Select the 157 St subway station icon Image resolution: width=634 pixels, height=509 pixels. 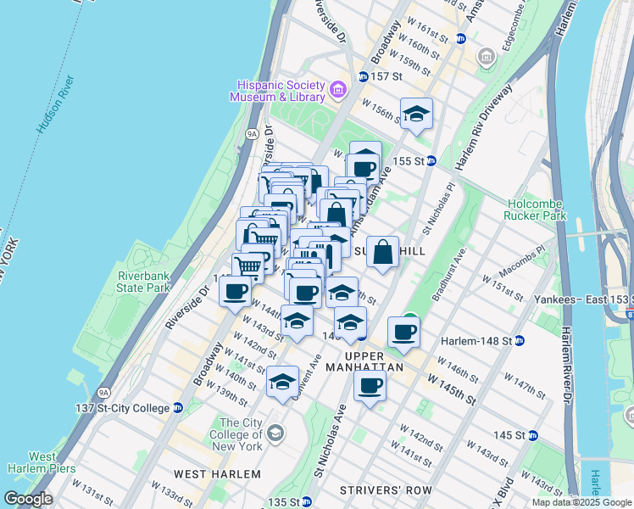pyautogui.click(x=363, y=76)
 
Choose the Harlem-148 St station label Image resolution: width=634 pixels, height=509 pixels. pyautogui.click(x=475, y=341)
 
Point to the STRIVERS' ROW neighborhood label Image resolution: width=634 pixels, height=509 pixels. pyautogui.click(x=385, y=490)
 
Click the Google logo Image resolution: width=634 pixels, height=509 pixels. pyautogui.click(x=28, y=499)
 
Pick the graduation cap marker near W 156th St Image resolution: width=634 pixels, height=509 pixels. pyautogui.click(x=416, y=114)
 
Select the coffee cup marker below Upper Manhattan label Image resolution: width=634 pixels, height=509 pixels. pyautogui.click(x=369, y=387)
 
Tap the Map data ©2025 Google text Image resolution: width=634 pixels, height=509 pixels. pyautogui.click(x=581, y=502)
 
